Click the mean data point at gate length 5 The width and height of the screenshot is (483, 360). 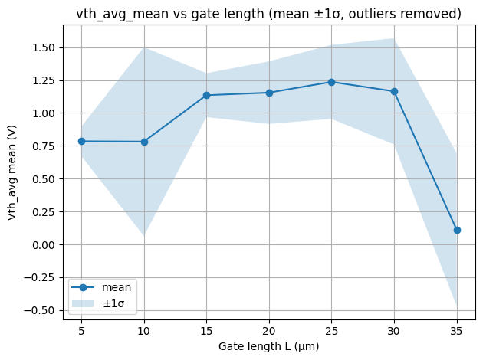pyautogui.click(x=81, y=141)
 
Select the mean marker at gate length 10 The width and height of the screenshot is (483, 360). pyautogui.click(x=144, y=142)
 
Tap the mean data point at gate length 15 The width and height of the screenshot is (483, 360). pyautogui.click(x=207, y=95)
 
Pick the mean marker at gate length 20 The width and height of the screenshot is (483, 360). pyautogui.click(x=269, y=93)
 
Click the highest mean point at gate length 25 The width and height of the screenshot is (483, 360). pyautogui.click(x=332, y=82)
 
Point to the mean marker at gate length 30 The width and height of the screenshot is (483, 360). pyautogui.click(x=394, y=91)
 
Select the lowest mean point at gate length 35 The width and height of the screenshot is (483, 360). pyautogui.click(x=457, y=230)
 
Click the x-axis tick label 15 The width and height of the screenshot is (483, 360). pyautogui.click(x=207, y=331)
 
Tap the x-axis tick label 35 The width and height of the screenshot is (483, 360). pyautogui.click(x=457, y=331)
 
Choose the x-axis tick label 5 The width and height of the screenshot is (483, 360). pyautogui.click(x=81, y=331)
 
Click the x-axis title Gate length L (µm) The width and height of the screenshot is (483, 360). pyautogui.click(x=269, y=346)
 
